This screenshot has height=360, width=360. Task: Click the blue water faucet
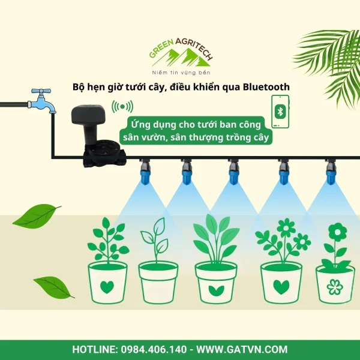[42, 101]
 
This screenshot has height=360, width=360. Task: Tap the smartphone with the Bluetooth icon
[280, 112]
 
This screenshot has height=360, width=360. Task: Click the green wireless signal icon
[122, 107]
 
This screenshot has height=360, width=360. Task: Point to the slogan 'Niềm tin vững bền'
[181, 73]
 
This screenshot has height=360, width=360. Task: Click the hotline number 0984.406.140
[154, 349]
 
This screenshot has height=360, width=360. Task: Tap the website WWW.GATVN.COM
[242, 349]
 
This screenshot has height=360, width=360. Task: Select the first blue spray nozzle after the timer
[145, 171]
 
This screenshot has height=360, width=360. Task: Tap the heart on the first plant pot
[107, 287]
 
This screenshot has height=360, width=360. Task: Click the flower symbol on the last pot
[335, 287]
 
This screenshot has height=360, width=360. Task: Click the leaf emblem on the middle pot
[216, 290]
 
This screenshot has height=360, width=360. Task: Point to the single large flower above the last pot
[337, 232]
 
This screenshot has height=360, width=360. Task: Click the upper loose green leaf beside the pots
[37, 216]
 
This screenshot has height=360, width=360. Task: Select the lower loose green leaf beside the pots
[54, 287]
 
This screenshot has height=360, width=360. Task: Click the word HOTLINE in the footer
[95, 349]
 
